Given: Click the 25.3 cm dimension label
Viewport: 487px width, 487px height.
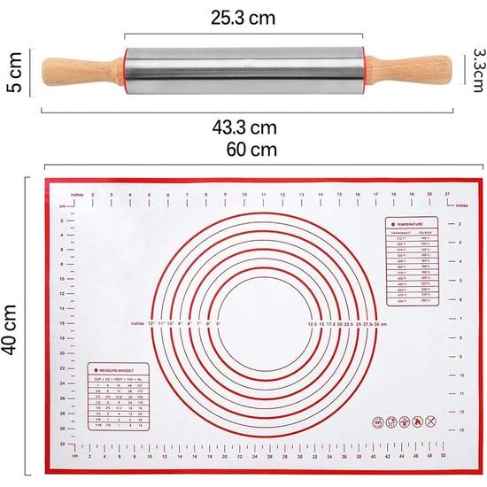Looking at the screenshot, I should click(x=243, y=16).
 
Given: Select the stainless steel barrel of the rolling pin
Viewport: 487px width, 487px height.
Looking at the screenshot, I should click(x=243, y=67).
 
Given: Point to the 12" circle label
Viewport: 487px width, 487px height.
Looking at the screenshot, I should click(x=151, y=323).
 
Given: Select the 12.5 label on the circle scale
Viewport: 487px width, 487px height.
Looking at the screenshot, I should click(x=313, y=323).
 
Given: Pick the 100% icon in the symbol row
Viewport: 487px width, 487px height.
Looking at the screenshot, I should click(x=378, y=422).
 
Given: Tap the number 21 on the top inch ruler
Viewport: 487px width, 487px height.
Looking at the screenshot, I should click(x=448, y=193).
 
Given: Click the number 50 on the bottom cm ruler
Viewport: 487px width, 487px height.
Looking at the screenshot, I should click(x=443, y=457).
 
